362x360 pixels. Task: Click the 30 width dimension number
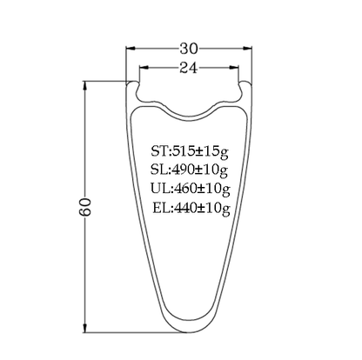pyautogui.click(x=189, y=49)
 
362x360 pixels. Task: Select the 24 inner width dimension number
pyautogui.click(x=189, y=68)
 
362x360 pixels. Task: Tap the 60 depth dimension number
pyautogui.click(x=85, y=207)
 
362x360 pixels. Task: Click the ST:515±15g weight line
pyautogui.click(x=190, y=151)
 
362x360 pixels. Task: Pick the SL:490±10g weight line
pyautogui.click(x=189, y=170)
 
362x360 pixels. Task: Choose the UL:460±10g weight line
pyautogui.click(x=191, y=189)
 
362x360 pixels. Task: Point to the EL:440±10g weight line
pyautogui.click(x=191, y=208)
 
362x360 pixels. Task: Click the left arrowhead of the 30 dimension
pyautogui.click(x=131, y=48)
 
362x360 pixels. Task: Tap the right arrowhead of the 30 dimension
pyautogui.click(x=246, y=48)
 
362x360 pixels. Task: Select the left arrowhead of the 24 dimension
pyautogui.click(x=144, y=68)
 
